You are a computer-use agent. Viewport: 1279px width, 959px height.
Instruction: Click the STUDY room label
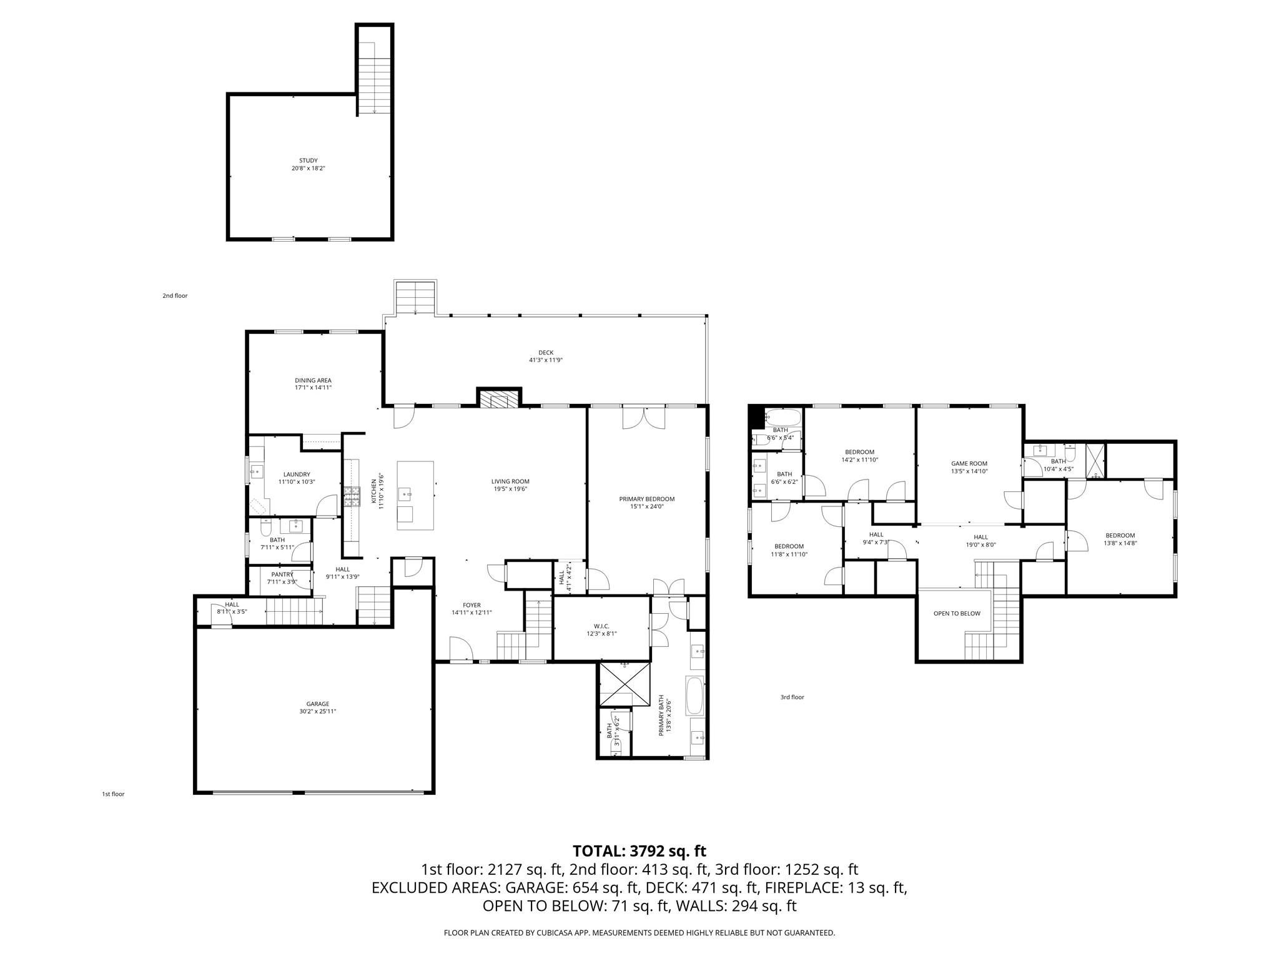(308, 160)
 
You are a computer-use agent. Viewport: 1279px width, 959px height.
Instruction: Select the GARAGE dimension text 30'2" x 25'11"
(317, 711)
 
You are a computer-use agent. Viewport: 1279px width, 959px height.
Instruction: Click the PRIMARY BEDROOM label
(647, 499)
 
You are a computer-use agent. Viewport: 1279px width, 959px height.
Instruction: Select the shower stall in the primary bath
(625, 684)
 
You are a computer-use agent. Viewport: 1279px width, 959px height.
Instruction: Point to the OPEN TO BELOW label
(957, 613)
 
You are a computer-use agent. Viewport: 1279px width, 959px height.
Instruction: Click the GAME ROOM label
(969, 463)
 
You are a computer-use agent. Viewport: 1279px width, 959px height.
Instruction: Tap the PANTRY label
(282, 574)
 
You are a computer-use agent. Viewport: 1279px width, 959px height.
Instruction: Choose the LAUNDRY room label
(296, 475)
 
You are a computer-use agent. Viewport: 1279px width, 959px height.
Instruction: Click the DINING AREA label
(313, 380)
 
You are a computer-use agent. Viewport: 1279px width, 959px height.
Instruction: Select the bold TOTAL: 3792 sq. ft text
(639, 851)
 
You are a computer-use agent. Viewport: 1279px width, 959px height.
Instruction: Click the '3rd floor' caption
(792, 697)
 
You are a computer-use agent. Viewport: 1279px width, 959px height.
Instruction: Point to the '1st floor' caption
(113, 794)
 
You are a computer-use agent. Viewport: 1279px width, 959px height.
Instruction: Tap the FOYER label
(472, 605)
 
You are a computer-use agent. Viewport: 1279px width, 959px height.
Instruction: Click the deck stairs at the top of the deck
(415, 298)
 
